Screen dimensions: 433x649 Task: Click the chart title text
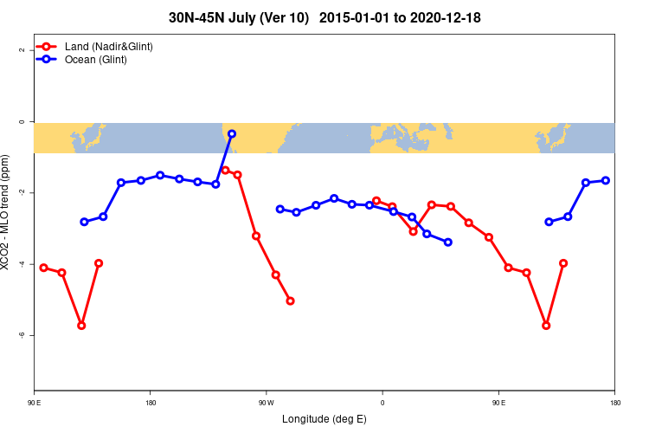click(324, 17)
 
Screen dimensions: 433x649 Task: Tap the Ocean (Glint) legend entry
click(95, 59)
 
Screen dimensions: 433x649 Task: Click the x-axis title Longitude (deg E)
click(324, 419)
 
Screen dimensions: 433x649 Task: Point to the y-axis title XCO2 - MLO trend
click(7, 212)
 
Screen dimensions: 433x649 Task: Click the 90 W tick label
click(266, 403)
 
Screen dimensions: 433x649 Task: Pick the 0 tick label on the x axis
click(382, 403)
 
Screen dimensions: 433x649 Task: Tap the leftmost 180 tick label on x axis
click(151, 403)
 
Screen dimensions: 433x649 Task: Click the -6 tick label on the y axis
click(22, 334)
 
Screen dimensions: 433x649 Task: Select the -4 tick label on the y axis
click(22, 263)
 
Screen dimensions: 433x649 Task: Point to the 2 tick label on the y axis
click(22, 50)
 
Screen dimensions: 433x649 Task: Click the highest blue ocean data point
click(232, 134)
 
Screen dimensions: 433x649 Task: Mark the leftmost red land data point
click(43, 268)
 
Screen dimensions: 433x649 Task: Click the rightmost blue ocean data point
click(606, 180)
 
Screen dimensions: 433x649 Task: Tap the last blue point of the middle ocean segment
click(448, 242)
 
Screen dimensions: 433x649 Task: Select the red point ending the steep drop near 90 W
click(290, 301)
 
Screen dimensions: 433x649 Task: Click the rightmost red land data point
click(563, 263)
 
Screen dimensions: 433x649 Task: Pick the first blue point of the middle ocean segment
click(280, 209)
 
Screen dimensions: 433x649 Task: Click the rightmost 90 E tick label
click(498, 403)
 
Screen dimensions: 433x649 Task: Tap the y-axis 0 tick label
click(22, 122)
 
